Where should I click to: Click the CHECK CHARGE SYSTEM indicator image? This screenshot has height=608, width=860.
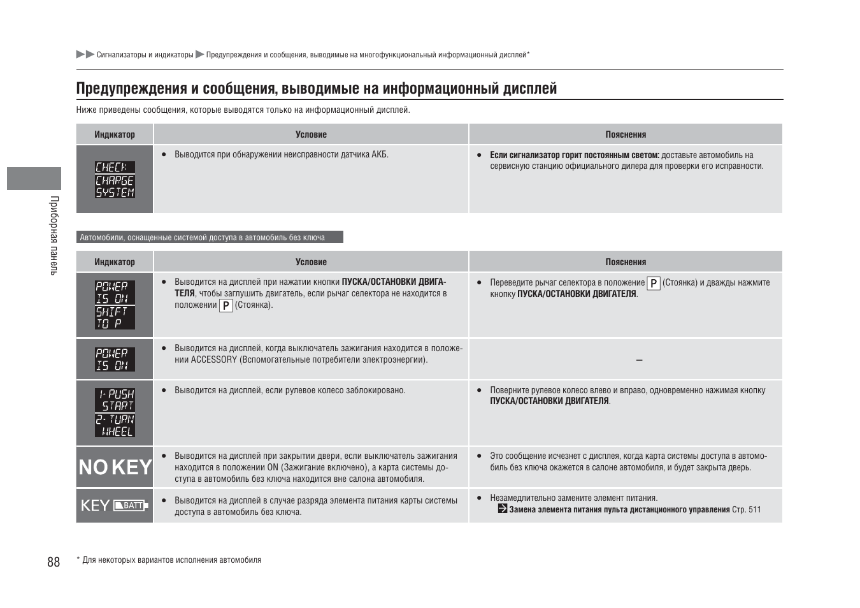[x=115, y=179]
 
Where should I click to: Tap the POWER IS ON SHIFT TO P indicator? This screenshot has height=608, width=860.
[x=115, y=305]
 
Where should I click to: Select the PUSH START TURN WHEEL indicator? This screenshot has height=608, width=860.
[x=115, y=412]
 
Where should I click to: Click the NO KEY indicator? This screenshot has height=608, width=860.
[x=115, y=467]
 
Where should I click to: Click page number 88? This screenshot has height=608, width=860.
[x=54, y=561]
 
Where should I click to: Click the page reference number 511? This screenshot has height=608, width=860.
[x=755, y=509]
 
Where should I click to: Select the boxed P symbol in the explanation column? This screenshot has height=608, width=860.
[x=653, y=283]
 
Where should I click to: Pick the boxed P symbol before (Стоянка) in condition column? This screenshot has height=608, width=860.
[x=226, y=305]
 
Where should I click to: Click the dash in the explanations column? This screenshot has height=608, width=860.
[x=639, y=360]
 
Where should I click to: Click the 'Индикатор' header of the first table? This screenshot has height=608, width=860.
[x=115, y=134]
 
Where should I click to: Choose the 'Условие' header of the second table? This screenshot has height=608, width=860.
[x=311, y=262]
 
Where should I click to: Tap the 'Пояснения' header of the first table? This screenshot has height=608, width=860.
[x=626, y=134]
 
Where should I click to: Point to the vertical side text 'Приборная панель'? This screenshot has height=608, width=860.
[x=54, y=235]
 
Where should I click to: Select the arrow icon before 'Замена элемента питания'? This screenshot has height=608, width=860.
[x=502, y=509]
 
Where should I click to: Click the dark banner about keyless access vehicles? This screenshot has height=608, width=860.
[x=210, y=237]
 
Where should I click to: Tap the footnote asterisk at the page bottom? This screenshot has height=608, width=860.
[x=78, y=560]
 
